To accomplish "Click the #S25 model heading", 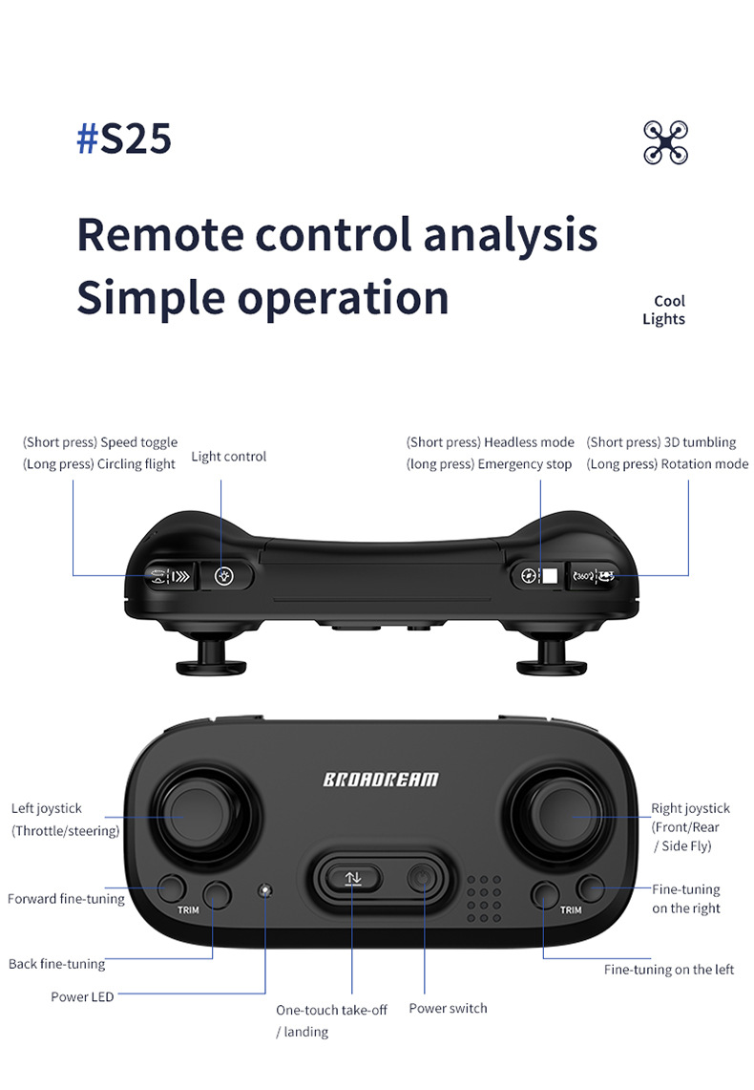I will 124,139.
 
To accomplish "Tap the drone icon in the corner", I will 665,142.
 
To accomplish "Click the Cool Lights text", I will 663,310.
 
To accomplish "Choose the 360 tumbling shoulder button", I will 593,576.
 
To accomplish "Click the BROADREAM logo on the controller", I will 380,779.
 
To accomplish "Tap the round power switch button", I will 421,877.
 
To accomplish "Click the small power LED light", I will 264,890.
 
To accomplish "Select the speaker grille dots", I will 484,899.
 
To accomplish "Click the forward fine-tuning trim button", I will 172,887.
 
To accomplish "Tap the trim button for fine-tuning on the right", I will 591,889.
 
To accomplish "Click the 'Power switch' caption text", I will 448,1008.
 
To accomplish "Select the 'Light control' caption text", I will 229,457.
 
